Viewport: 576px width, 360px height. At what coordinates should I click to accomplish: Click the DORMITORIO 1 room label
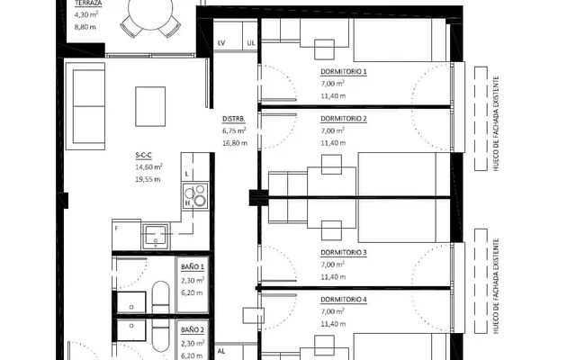[344, 72]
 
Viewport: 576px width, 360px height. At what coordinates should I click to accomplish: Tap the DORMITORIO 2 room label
[344, 119]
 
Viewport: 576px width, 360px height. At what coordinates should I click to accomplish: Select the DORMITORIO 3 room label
[344, 252]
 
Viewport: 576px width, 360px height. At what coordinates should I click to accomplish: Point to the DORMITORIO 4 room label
[344, 300]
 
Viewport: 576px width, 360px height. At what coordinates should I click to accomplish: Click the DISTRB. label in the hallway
[234, 119]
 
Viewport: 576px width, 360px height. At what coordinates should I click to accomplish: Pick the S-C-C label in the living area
[143, 156]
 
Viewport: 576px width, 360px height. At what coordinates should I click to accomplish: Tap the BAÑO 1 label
[193, 266]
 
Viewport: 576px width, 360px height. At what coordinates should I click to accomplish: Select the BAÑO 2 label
[193, 330]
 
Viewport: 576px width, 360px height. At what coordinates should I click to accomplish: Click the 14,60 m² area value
[148, 167]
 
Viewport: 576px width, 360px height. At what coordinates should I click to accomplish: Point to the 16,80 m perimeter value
[235, 143]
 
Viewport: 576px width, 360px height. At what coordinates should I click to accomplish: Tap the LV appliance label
[221, 43]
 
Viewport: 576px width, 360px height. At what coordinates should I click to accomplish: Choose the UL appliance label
[251, 43]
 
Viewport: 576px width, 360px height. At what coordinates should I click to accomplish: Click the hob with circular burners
[196, 196]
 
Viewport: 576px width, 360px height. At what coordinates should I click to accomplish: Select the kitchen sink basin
[156, 235]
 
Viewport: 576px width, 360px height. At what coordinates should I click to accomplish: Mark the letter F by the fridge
[116, 229]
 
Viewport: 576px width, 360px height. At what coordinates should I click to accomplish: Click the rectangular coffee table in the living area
[150, 106]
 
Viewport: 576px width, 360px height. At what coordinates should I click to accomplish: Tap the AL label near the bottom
[221, 351]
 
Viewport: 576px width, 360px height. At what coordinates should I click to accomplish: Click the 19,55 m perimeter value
[148, 179]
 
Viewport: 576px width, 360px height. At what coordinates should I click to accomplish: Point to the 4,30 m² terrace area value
[86, 14]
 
